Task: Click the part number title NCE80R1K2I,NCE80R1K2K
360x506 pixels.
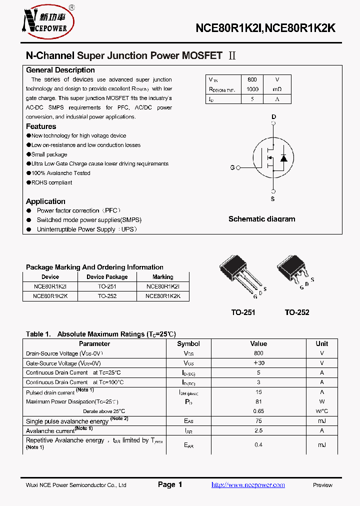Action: coord(265,28)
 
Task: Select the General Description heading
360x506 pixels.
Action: coord(60,70)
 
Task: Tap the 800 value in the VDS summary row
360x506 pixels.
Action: coord(252,79)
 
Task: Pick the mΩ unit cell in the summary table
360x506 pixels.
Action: coord(277,89)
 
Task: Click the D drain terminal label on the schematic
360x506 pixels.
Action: coord(273,117)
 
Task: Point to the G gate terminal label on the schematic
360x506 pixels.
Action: coord(232,167)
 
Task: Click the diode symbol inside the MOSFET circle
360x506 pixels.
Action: coord(283,158)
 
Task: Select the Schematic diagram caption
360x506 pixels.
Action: coord(261,219)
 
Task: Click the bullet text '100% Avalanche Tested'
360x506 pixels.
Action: coord(60,173)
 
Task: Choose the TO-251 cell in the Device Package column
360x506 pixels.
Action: coord(107,286)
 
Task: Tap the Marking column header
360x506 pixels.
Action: coord(163,277)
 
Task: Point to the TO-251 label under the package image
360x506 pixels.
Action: coord(243,312)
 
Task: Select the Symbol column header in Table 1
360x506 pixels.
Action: coord(188,343)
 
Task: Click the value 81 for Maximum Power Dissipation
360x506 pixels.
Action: coord(258,401)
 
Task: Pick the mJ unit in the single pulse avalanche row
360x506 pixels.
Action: coord(321,421)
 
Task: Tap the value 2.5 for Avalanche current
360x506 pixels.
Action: coord(258,430)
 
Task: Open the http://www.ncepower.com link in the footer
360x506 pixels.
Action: coord(248,484)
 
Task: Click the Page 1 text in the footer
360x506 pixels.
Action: coord(170,484)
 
